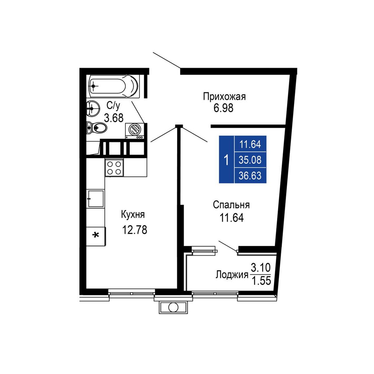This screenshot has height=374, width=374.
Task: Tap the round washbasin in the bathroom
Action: coord(93,109)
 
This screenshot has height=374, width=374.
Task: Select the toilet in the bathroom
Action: coord(97,127)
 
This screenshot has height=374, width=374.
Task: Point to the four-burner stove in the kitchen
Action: coord(114,167)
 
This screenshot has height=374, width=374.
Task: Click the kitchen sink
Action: coord(96,199)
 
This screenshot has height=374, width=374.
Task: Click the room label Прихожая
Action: coord(224,97)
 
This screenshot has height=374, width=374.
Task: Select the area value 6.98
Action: coord(224,108)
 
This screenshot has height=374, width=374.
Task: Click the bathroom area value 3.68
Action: coord(114,118)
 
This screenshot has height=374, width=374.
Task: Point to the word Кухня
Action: coord(133,215)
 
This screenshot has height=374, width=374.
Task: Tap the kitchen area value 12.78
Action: coord(135,230)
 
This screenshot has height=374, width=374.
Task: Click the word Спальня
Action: coord(231,205)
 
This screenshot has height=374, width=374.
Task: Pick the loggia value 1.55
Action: coord(261,281)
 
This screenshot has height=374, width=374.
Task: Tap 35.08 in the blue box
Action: coord(250,160)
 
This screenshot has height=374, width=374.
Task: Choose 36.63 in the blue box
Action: coord(250,176)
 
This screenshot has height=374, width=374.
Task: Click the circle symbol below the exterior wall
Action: coord(173,307)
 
